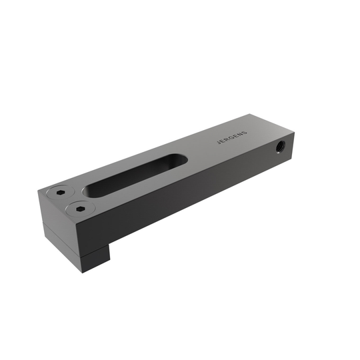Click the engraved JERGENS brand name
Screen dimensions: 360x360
(x=232, y=137)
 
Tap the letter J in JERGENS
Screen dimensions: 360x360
(x=219, y=143)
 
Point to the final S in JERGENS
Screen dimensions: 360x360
(x=245, y=133)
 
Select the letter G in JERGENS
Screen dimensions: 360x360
(x=232, y=137)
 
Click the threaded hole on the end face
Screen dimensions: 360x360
(x=280, y=147)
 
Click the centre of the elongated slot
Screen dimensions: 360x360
(x=135, y=175)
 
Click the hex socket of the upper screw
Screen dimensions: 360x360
(x=60, y=193)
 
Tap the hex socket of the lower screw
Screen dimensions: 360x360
(x=79, y=209)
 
